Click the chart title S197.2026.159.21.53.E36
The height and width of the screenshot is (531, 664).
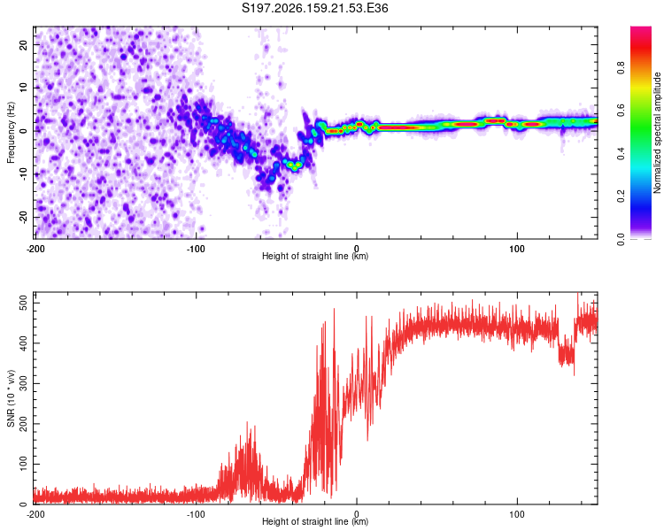click(x=314, y=8)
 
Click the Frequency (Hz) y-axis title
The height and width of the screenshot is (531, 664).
click(x=11, y=133)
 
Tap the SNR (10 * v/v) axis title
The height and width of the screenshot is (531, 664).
click(x=11, y=398)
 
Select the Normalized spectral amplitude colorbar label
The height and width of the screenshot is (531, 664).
click(x=657, y=133)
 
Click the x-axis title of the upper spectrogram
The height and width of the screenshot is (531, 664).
click(x=315, y=256)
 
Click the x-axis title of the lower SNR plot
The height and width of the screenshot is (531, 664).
click(x=315, y=521)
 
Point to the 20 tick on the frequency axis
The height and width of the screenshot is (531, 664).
click(x=24, y=45)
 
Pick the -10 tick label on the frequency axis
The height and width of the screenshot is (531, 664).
click(x=24, y=173)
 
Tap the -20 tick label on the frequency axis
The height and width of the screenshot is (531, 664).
click(x=24, y=217)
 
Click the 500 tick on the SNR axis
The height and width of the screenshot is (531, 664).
click(x=24, y=304)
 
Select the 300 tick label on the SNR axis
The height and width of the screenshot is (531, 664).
click(x=24, y=383)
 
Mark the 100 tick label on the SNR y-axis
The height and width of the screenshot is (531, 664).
click(x=24, y=464)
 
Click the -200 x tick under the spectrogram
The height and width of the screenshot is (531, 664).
click(x=35, y=249)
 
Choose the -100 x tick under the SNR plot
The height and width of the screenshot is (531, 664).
click(x=196, y=514)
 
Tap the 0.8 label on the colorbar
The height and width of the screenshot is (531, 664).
click(x=621, y=68)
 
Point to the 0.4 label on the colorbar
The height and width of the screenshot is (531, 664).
click(x=621, y=154)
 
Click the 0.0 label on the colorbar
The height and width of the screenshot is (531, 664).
click(x=621, y=239)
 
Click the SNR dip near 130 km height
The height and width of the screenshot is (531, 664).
click(x=567, y=356)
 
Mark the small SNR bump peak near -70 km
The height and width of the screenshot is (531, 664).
click(x=248, y=423)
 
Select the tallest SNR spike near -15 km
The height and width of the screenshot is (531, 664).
click(x=334, y=309)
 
